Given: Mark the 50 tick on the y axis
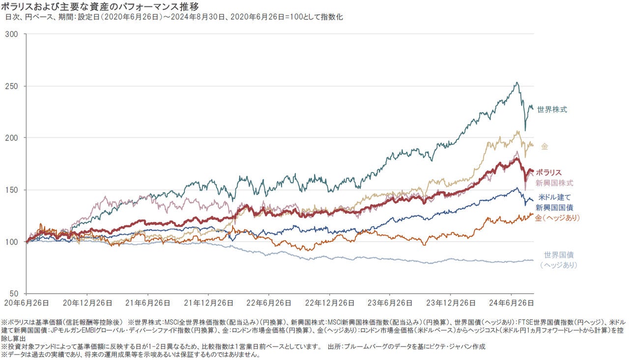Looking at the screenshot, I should click(x=13, y=293).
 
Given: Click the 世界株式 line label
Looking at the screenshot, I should click(x=552, y=110).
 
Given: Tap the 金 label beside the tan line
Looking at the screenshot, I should click(x=544, y=146).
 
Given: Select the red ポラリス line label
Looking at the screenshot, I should click(x=548, y=173).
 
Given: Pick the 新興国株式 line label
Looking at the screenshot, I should click(x=554, y=183).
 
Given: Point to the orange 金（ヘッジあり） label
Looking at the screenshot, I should click(x=558, y=218).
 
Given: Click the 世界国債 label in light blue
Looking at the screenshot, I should click(x=559, y=255).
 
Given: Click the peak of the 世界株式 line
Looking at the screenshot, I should click(x=516, y=83).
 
